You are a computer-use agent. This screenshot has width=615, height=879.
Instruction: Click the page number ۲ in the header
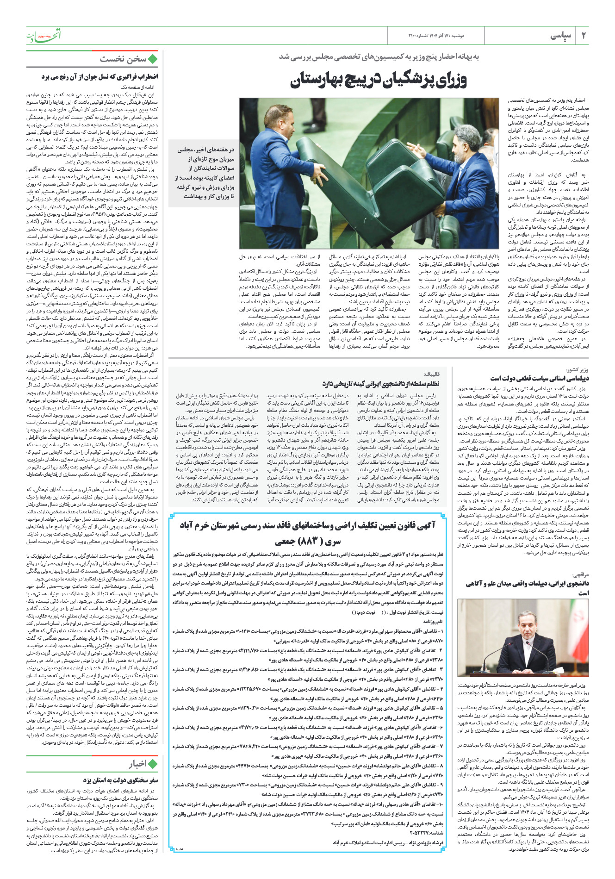coord(584,36)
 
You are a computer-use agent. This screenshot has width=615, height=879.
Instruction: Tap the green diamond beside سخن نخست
coord(153,59)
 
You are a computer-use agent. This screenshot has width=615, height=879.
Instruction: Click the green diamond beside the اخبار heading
coord(153,764)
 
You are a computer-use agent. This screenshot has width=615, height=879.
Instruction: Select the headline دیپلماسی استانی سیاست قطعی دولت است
coord(540,378)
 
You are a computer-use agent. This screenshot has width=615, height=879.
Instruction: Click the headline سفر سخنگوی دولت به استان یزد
coord(121,780)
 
